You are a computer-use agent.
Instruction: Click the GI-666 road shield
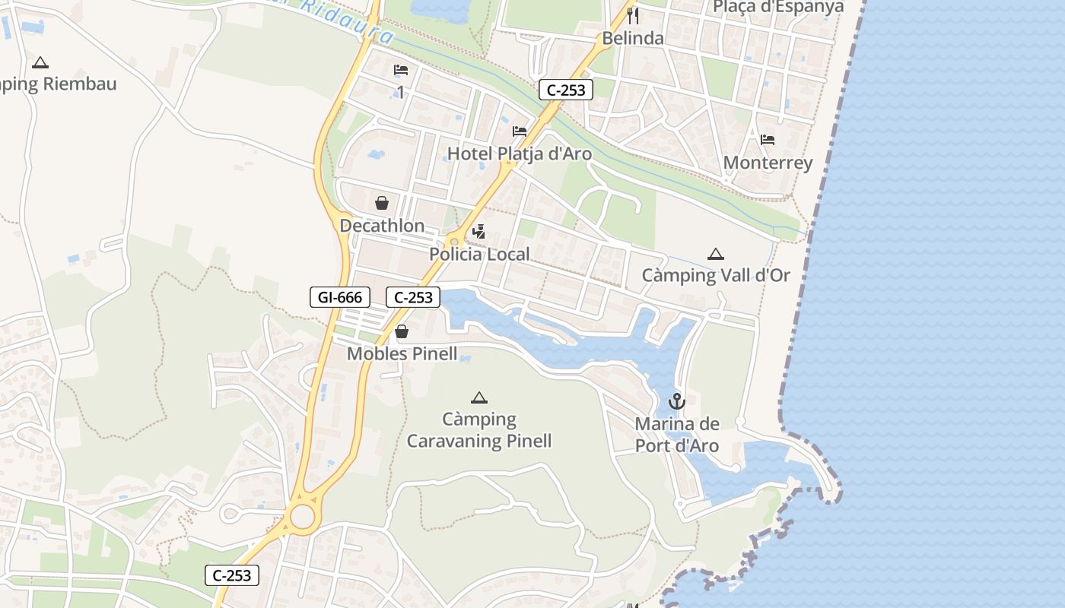coord(340,297)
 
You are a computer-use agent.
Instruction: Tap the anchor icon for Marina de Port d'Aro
coord(677,401)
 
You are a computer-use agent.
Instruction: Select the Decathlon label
coord(382,226)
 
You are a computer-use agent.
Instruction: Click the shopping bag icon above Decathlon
coord(382,203)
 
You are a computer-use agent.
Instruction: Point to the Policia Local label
coord(479,254)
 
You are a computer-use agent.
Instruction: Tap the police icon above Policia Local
coord(479,231)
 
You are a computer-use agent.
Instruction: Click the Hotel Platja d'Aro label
coord(519,154)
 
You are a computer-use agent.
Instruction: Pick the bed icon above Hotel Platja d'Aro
coord(520,131)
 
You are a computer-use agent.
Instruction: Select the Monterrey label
coord(768,163)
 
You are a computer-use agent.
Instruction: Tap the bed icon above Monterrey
coord(768,140)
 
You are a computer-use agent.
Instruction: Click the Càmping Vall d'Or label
coord(716,275)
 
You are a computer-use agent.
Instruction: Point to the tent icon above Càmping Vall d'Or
coord(715,254)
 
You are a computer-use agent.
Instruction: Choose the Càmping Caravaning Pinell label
coord(479,430)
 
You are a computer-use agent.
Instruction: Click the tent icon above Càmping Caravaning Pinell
coord(478,397)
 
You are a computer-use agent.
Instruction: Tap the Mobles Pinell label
coord(402,353)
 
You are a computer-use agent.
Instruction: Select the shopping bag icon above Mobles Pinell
coord(402,331)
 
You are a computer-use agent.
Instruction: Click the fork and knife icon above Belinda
coord(633,16)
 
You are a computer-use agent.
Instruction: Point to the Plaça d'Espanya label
coord(778,7)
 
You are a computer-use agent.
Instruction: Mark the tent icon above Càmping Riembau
coord(40,62)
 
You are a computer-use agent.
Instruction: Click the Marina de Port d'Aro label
coord(677,435)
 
